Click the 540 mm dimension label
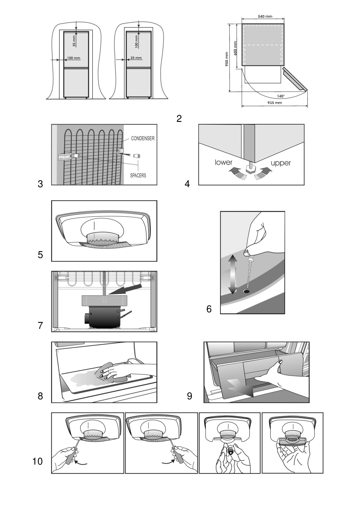(265, 17)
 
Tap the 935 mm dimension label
(274, 103)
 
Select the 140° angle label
(280, 96)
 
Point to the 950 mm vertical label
(227, 59)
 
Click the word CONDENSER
(143, 138)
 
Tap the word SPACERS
(138, 175)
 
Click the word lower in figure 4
(224, 162)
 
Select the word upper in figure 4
(280, 163)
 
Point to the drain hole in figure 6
(246, 291)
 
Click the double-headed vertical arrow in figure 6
(232, 274)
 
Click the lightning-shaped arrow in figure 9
(240, 387)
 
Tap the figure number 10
(37, 461)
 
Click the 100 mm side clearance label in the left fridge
(73, 58)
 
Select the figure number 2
(179, 118)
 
